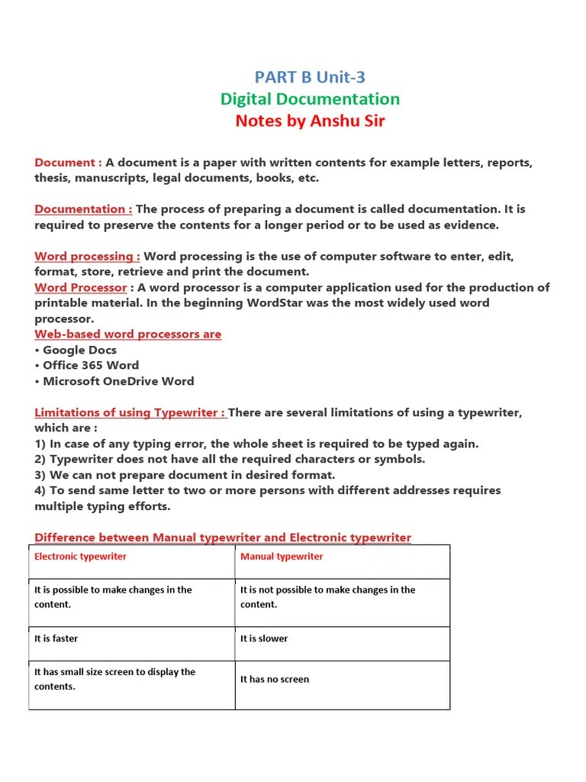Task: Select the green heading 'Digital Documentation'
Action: pos(309,99)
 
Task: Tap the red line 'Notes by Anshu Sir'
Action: pos(309,121)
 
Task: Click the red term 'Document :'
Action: pos(68,163)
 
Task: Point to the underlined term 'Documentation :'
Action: pos(83,209)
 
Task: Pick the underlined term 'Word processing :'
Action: pos(87,256)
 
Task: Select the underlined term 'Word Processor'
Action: pos(80,287)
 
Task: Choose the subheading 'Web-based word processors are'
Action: pos(127,334)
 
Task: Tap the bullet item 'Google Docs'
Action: pos(79,350)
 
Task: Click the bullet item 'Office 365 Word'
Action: pos(90,366)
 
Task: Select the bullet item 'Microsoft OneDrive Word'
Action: pos(118,381)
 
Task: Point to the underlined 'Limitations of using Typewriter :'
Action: pos(130,412)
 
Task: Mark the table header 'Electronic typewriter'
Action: pos(80,557)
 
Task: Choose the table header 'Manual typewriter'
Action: pos(282,557)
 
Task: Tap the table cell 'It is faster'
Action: pos(56,638)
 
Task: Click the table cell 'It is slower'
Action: pos(264,638)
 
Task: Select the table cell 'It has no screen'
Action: pos(275,679)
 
